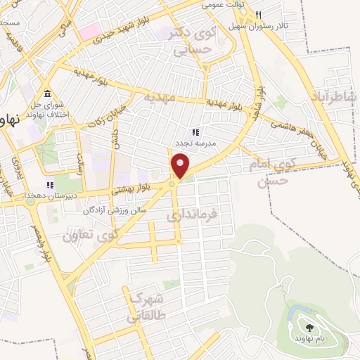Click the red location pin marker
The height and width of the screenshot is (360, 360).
(x=181, y=167)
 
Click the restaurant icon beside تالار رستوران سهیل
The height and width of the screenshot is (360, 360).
(x=259, y=15)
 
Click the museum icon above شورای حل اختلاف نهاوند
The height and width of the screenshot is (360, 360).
(x=46, y=94)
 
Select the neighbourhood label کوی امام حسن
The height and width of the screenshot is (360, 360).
(x=269, y=171)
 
